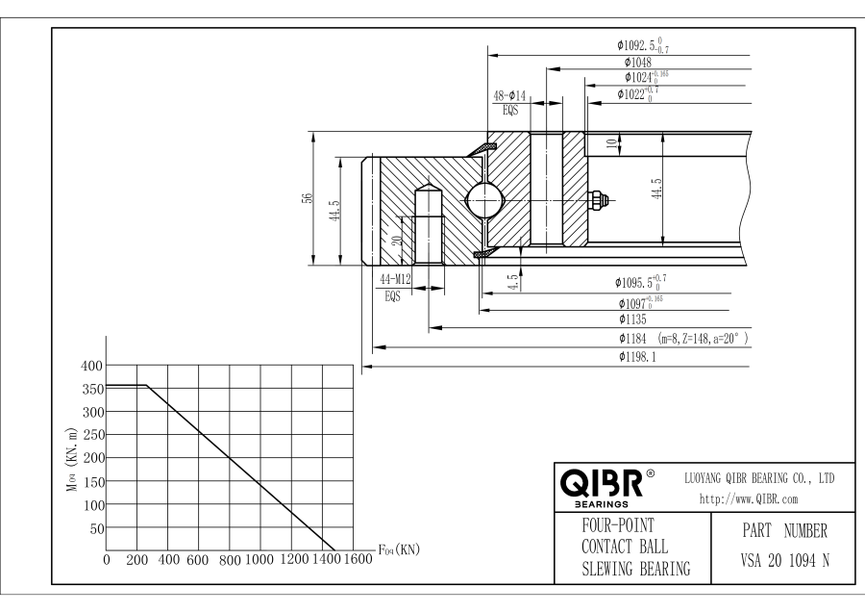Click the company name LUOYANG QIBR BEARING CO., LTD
coord(758,477)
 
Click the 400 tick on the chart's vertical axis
coord(90,366)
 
